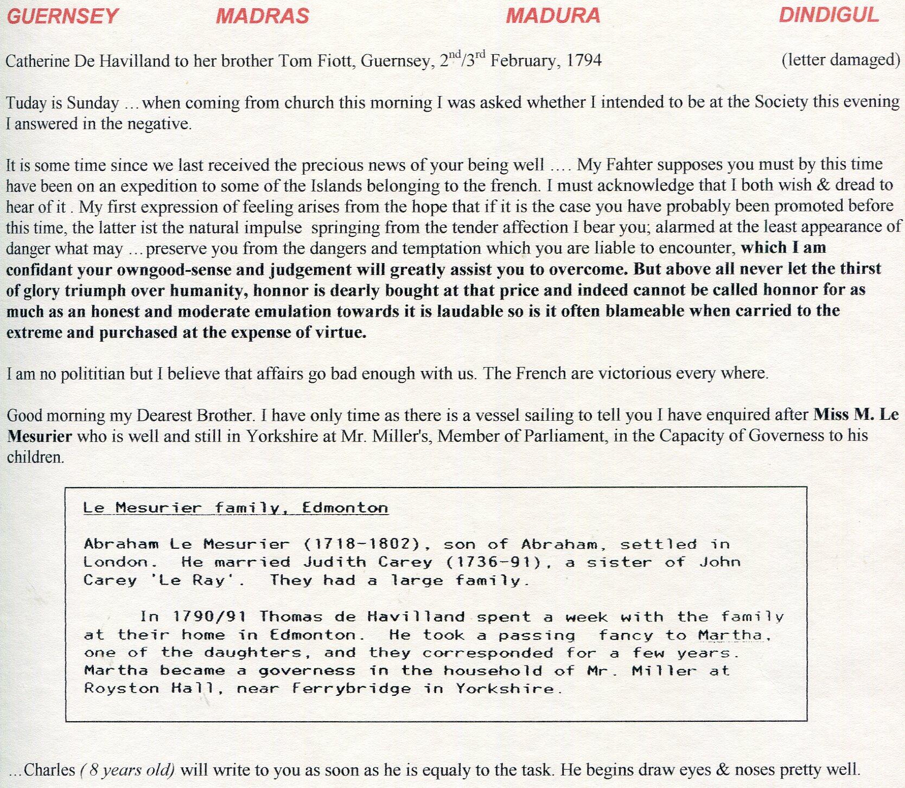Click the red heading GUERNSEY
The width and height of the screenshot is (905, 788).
pyautogui.click(x=62, y=16)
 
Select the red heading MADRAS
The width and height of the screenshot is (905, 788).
pyautogui.click(x=263, y=16)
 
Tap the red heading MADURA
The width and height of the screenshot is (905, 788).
pyautogui.click(x=553, y=16)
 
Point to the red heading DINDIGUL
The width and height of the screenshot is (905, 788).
pyautogui.click(x=828, y=15)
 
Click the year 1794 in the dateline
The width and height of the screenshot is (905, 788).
pyautogui.click(x=584, y=60)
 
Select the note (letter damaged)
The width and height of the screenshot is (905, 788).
pyautogui.click(x=840, y=60)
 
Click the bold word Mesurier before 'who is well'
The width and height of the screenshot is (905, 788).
pyautogui.click(x=40, y=437)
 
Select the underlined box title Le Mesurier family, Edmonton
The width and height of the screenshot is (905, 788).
pyautogui.click(x=235, y=508)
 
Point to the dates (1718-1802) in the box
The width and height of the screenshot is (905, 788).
pyautogui.click(x=362, y=544)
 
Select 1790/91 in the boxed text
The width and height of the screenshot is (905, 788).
pyautogui.click(x=209, y=617)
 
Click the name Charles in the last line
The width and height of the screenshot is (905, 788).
pyautogui.click(x=49, y=770)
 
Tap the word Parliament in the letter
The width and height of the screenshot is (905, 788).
pyautogui.click(x=565, y=437)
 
